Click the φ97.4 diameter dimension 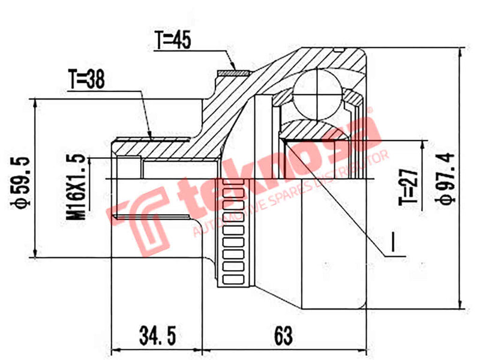(x=447, y=179)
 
